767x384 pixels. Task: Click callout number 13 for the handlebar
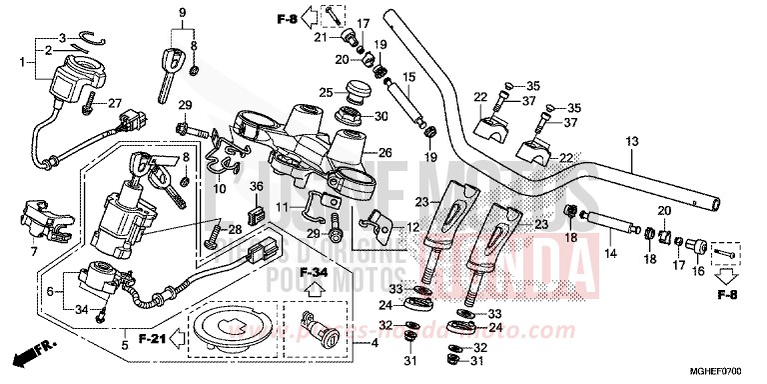pyautogui.click(x=631, y=142)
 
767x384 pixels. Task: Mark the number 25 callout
pyautogui.click(x=326, y=93)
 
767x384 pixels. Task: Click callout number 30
pyautogui.click(x=381, y=116)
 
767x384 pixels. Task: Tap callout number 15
pyautogui.click(x=408, y=77)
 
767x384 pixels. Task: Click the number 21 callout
pyautogui.click(x=321, y=38)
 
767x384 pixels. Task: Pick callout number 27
pyautogui.click(x=115, y=102)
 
